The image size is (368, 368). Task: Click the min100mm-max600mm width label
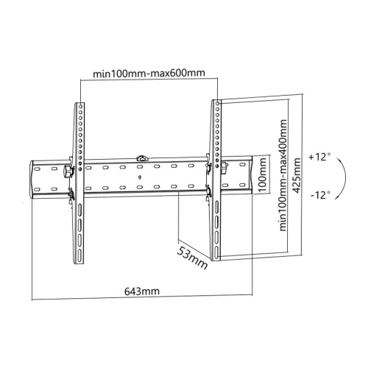(x=149, y=74)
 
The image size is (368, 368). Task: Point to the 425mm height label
(x=296, y=177)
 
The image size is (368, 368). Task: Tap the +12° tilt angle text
(x=320, y=158)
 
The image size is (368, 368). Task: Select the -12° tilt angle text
(x=320, y=195)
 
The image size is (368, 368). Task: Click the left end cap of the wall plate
(x=34, y=179)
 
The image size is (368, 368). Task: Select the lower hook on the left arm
(x=71, y=196)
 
